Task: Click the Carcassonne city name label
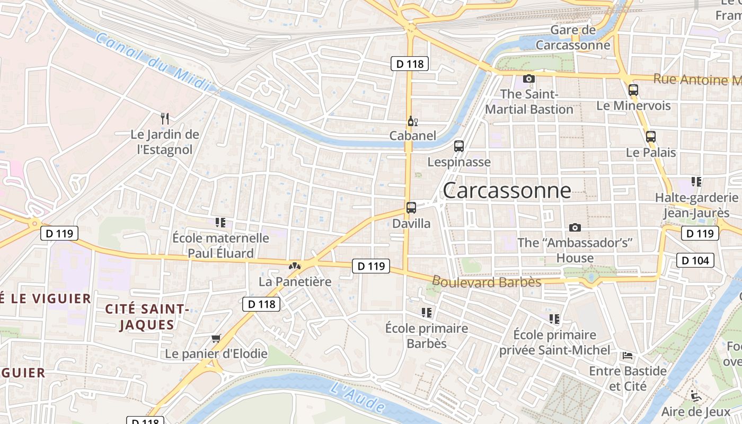[507, 191]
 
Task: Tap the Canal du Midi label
[154, 62]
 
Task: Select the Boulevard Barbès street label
[487, 281]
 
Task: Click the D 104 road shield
[695, 260]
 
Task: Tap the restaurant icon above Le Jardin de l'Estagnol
[165, 119]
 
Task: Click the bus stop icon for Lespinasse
[459, 146]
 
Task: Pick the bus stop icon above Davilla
[411, 208]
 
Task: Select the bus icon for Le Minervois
[633, 90]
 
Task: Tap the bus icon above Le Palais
[651, 137]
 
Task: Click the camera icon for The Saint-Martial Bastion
[528, 79]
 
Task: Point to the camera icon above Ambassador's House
[575, 228]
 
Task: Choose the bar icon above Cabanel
[412, 121]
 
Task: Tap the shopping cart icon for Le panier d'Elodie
[216, 338]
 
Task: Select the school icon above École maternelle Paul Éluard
[220, 223]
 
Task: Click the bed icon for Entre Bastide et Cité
[628, 356]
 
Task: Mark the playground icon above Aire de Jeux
[695, 396]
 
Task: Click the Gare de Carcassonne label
[573, 38]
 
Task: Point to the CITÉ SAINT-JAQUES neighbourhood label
[147, 317]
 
